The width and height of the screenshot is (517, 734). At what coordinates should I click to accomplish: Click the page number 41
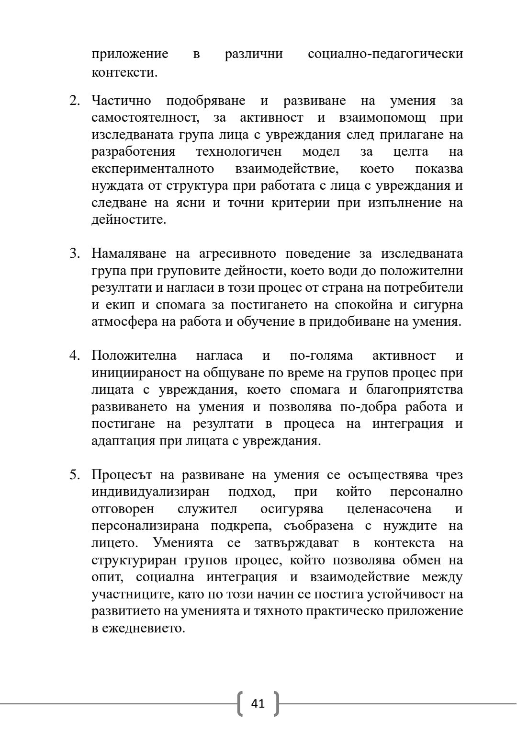pyautogui.click(x=258, y=703)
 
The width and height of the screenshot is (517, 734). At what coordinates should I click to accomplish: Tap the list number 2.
pyautogui.click(x=74, y=101)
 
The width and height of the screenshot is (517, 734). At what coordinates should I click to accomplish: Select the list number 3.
pyautogui.click(x=74, y=253)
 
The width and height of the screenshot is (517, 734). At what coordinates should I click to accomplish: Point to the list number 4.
pyautogui.click(x=74, y=356)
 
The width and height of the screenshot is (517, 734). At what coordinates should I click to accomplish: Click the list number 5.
pyautogui.click(x=74, y=475)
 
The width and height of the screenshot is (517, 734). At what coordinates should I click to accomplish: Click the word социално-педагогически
pyautogui.click(x=385, y=54)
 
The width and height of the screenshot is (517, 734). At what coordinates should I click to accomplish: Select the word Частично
pyautogui.click(x=121, y=101)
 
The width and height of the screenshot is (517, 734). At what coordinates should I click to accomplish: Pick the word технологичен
pyautogui.click(x=239, y=152)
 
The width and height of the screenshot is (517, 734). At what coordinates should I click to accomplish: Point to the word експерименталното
pyautogui.click(x=153, y=169)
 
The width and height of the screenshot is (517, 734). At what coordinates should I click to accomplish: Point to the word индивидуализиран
pyautogui.click(x=150, y=492)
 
